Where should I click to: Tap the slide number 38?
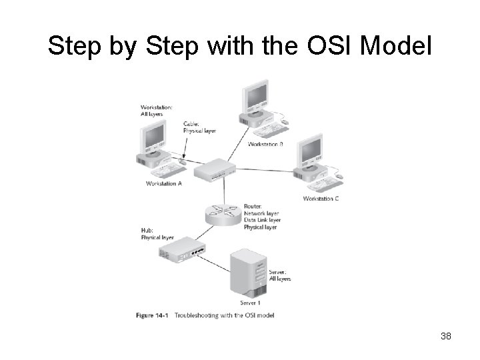446,336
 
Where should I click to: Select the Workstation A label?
164,183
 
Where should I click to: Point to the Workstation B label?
265,144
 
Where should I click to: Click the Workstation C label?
321,199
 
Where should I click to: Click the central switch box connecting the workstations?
215,171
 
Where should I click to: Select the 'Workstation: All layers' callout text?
157,110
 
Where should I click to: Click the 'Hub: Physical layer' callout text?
157,233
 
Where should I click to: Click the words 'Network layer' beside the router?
261,213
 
